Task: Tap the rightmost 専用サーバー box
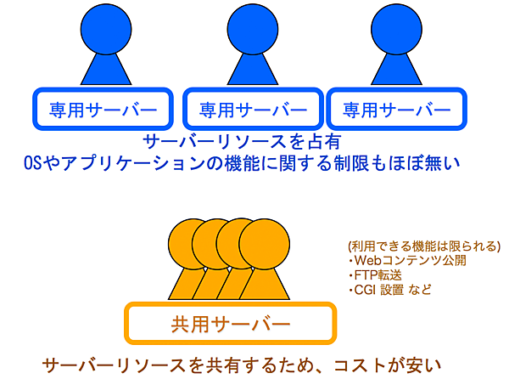pos(395,109)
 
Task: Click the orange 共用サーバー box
pos(230,324)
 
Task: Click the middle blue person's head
pos(252,27)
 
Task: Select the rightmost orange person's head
pos(260,240)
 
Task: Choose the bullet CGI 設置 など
pos(395,290)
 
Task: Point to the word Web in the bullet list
pos(369,261)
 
